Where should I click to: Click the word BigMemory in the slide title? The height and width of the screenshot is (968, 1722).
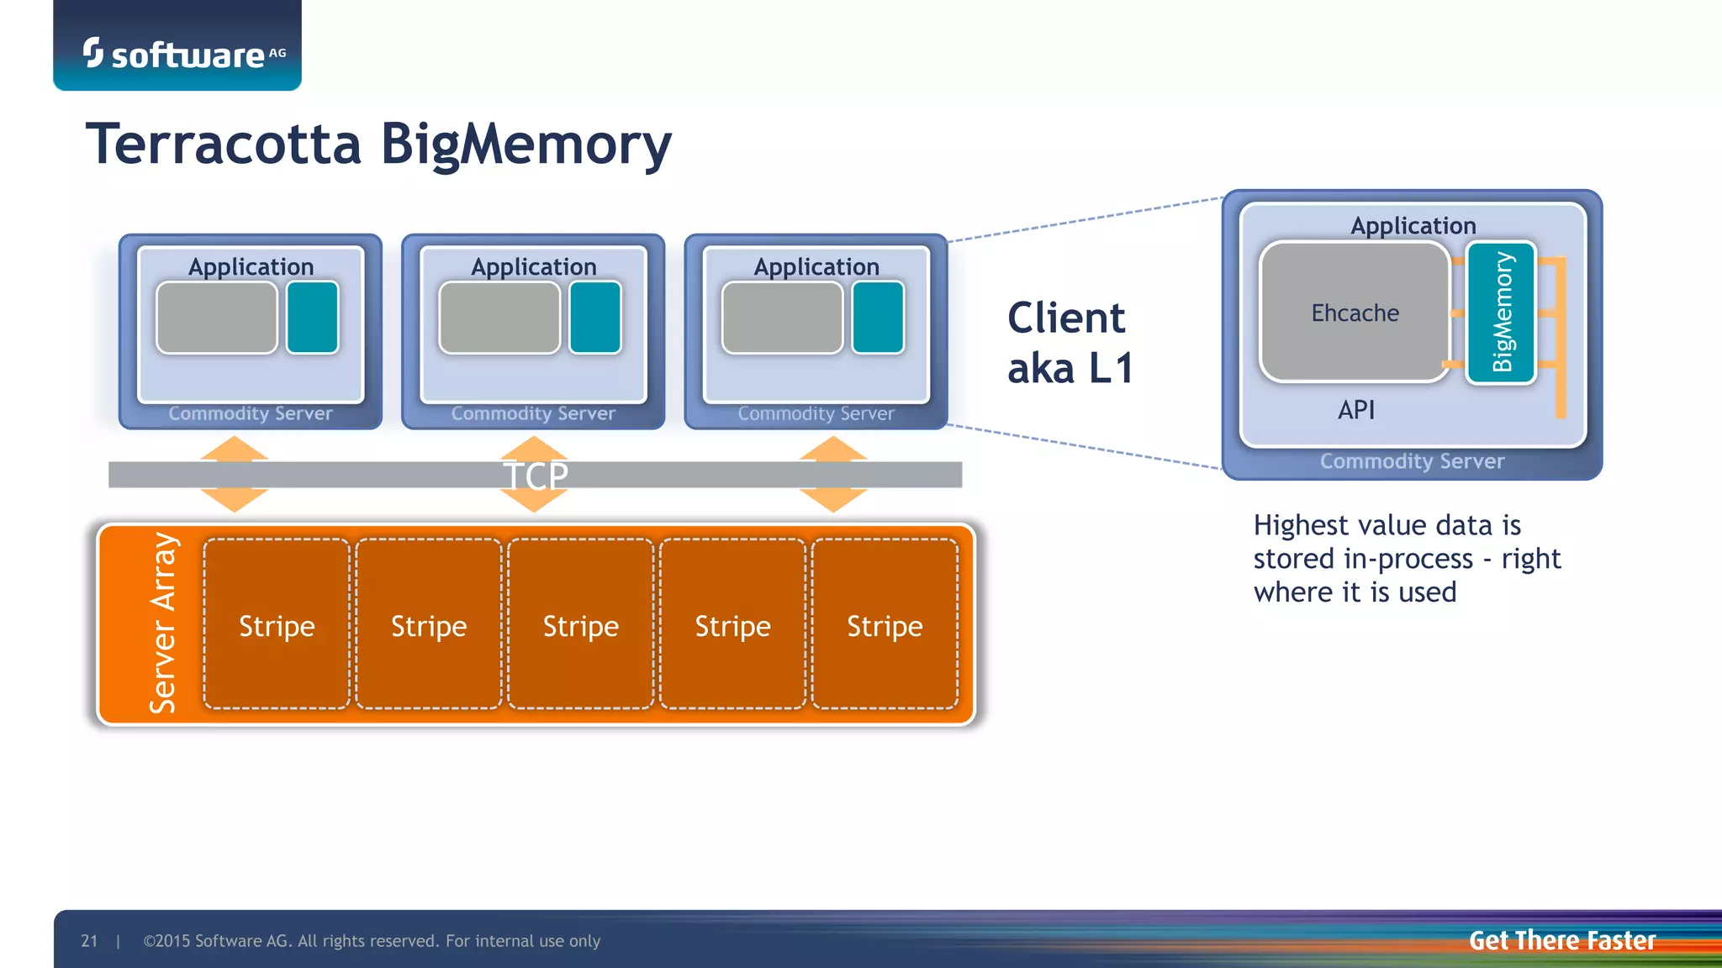[526, 145]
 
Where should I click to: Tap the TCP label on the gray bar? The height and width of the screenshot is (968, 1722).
[536, 476]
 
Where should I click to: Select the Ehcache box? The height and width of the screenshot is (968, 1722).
[1355, 313]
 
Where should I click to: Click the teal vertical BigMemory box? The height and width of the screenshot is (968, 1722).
[1501, 313]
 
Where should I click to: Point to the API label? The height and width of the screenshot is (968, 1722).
[1356, 410]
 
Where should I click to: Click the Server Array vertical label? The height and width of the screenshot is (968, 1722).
[163, 623]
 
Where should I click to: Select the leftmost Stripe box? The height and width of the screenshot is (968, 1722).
[277, 624]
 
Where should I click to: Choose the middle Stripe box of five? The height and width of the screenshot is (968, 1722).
[580, 624]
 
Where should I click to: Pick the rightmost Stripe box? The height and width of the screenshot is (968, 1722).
[885, 624]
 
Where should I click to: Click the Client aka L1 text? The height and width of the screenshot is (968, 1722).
[1070, 343]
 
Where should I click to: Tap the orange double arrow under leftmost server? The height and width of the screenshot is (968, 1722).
[235, 475]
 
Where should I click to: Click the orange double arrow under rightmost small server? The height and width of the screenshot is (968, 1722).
[832, 475]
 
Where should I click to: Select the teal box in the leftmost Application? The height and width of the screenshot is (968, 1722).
[312, 318]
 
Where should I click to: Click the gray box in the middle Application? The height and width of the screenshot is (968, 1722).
[499, 318]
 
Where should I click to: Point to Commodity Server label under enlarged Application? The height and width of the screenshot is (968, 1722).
[1412, 461]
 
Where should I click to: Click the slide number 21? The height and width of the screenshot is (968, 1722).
[89, 941]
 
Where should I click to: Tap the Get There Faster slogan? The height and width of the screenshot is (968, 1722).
[1561, 940]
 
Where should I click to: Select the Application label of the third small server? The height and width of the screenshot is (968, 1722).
[816, 267]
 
